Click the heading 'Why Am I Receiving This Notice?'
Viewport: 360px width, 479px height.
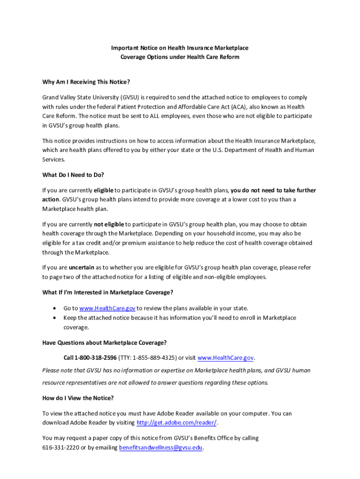pos(86,82)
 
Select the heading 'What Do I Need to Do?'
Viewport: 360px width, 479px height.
pos(73,175)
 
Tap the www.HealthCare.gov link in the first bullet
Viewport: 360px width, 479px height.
pos(107,308)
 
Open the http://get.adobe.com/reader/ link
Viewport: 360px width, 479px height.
pos(176,423)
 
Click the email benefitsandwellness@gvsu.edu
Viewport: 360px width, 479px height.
pos(161,448)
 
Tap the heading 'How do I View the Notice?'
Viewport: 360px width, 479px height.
pos(78,398)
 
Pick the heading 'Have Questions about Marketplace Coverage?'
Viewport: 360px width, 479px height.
pos(104,342)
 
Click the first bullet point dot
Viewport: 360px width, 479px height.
pos(55,308)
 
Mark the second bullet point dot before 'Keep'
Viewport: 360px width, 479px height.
pos(55,318)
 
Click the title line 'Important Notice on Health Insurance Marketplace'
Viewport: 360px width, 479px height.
pos(180,48)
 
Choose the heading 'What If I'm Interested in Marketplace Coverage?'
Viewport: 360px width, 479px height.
pos(108,293)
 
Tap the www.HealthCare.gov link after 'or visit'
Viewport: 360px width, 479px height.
pos(226,358)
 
